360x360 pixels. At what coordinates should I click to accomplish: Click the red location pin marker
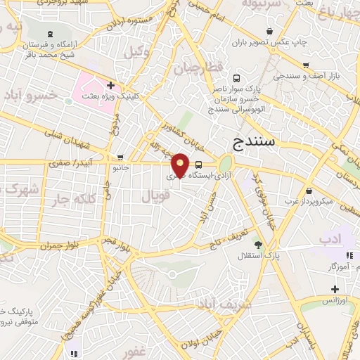(x=180, y=165)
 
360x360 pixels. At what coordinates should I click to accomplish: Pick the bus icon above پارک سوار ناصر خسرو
(x=236, y=79)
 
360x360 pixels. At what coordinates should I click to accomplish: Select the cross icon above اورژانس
(x=335, y=289)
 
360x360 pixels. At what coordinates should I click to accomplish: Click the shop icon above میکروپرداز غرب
(x=310, y=190)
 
